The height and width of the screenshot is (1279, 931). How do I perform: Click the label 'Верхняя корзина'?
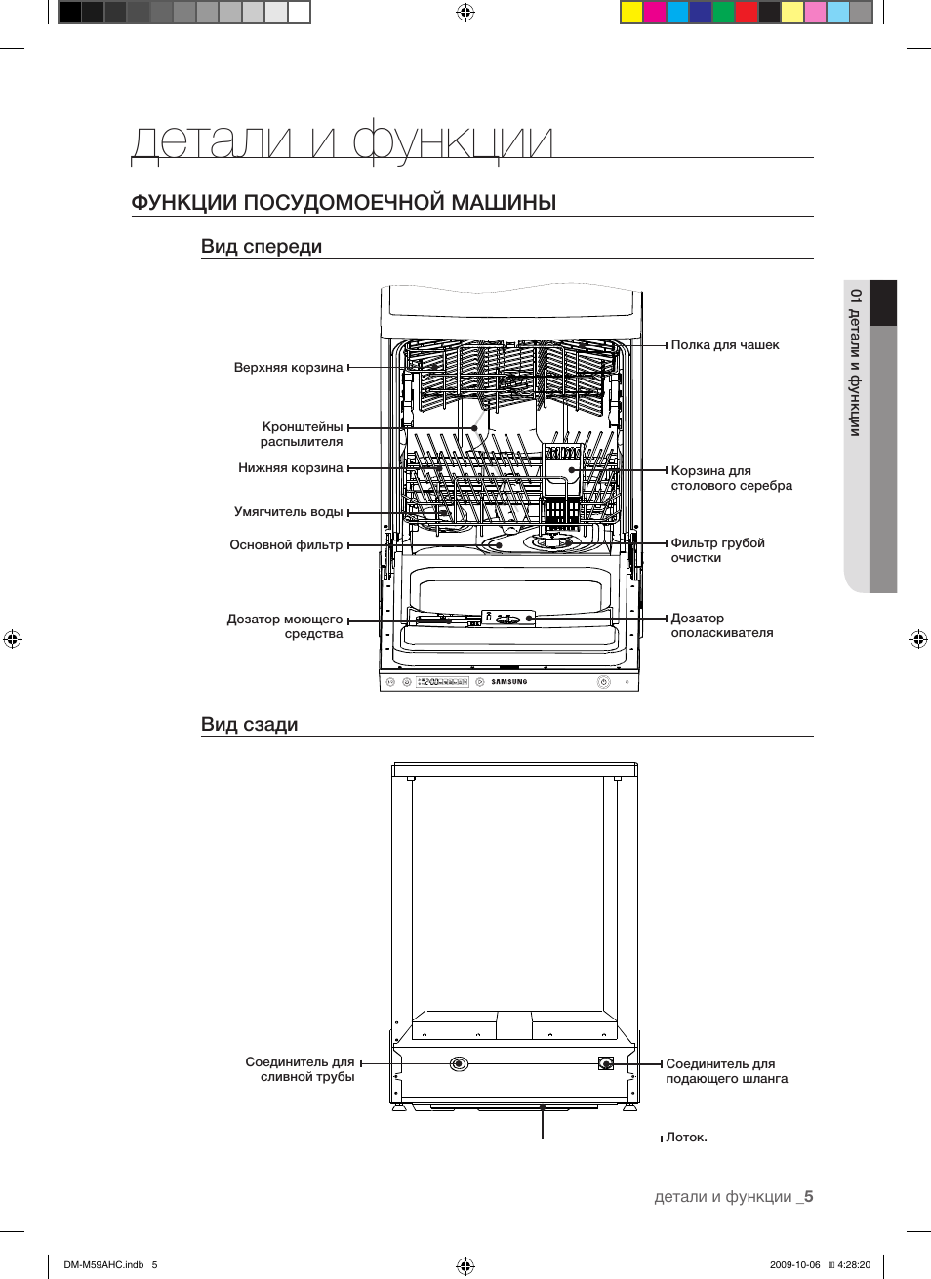(288, 368)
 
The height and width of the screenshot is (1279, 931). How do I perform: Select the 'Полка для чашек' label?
(724, 345)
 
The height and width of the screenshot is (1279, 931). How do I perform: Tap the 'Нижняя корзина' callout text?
(290, 468)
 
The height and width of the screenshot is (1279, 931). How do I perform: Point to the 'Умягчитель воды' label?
(288, 512)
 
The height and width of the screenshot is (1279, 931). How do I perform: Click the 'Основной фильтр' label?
(286, 545)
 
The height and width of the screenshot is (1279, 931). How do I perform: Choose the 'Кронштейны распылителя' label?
(302, 434)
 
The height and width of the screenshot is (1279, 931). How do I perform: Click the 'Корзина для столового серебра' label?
(731, 478)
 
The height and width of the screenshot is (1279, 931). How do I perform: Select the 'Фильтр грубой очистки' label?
(717, 550)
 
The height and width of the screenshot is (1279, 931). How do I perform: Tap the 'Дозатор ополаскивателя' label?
(721, 625)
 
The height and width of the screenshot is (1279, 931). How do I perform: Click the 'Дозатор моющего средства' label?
(285, 626)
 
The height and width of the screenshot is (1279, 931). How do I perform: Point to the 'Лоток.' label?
(686, 1138)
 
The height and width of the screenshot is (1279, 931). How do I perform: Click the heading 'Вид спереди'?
(262, 247)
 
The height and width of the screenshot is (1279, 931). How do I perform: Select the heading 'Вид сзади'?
(249, 725)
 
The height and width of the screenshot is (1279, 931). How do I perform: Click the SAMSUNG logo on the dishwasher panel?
(508, 682)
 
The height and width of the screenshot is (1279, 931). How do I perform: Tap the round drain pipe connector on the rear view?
(459, 1063)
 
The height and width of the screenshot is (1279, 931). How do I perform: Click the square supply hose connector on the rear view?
(606, 1063)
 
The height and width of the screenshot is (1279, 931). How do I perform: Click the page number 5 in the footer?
(808, 1197)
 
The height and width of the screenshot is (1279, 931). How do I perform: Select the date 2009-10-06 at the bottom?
(794, 1265)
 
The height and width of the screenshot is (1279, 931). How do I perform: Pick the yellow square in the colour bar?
(631, 13)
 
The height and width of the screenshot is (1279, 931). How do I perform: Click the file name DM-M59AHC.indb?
(103, 1265)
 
